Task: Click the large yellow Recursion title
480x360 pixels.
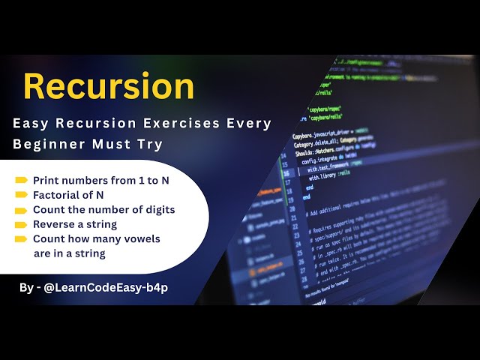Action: pos(109,86)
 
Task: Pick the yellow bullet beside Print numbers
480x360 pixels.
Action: pos(21,181)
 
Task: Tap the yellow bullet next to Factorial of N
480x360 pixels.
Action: pos(21,195)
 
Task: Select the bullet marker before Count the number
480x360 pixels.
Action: pos(21,210)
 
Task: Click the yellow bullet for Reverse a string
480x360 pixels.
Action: pos(21,225)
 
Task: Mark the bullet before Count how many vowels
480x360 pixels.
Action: pos(21,239)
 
